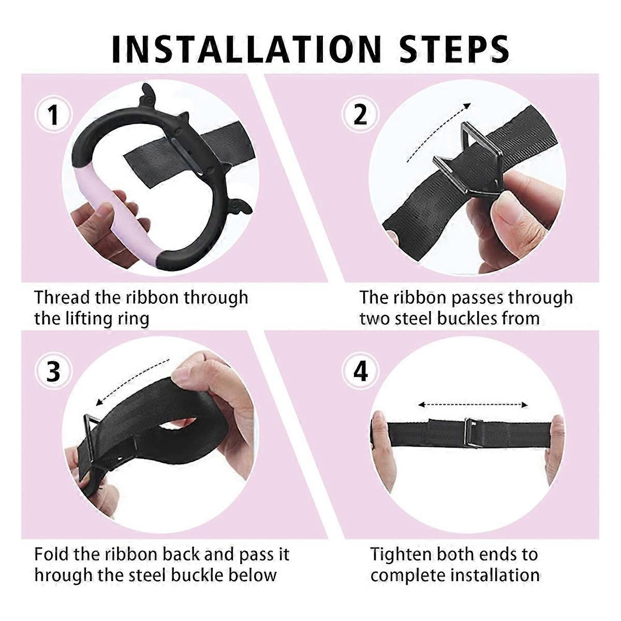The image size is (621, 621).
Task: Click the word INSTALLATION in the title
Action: [x=246, y=51]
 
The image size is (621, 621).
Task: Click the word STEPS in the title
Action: [x=455, y=51]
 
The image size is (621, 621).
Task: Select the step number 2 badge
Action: [x=360, y=115]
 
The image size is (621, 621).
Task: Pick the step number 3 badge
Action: [x=53, y=372]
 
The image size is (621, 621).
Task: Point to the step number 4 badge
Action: [x=360, y=372]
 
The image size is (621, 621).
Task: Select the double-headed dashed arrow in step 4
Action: [x=473, y=405]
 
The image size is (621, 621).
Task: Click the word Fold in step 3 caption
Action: [x=51, y=554]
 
